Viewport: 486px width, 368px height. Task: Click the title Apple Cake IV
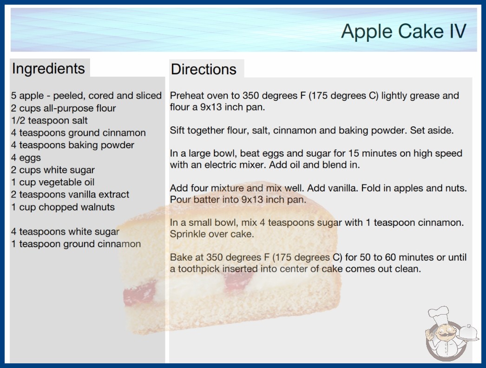pyautogui.click(x=404, y=31)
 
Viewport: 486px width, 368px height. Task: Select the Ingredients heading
pyautogui.click(x=48, y=69)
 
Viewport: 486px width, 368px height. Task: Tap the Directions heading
pyautogui.click(x=204, y=69)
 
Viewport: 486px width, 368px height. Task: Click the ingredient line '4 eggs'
pyautogui.click(x=26, y=158)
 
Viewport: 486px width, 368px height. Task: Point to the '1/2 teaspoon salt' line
pyautogui.click(x=49, y=120)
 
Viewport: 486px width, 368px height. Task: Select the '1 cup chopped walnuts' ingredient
pyautogui.click(x=63, y=207)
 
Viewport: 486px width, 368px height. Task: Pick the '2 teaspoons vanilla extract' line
pyautogui.click(x=70, y=194)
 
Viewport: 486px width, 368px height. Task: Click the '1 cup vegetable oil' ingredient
pyautogui.click(x=53, y=182)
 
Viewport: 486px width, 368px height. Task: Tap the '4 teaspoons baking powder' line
pyautogui.click(x=72, y=145)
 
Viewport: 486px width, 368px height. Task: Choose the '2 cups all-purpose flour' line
pyautogui.click(x=64, y=108)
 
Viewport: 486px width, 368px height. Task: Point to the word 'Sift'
pyautogui.click(x=177, y=130)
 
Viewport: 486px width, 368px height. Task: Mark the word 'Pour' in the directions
pyautogui.click(x=180, y=199)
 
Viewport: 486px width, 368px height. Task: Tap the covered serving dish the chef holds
pyautogui.click(x=468, y=332)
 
